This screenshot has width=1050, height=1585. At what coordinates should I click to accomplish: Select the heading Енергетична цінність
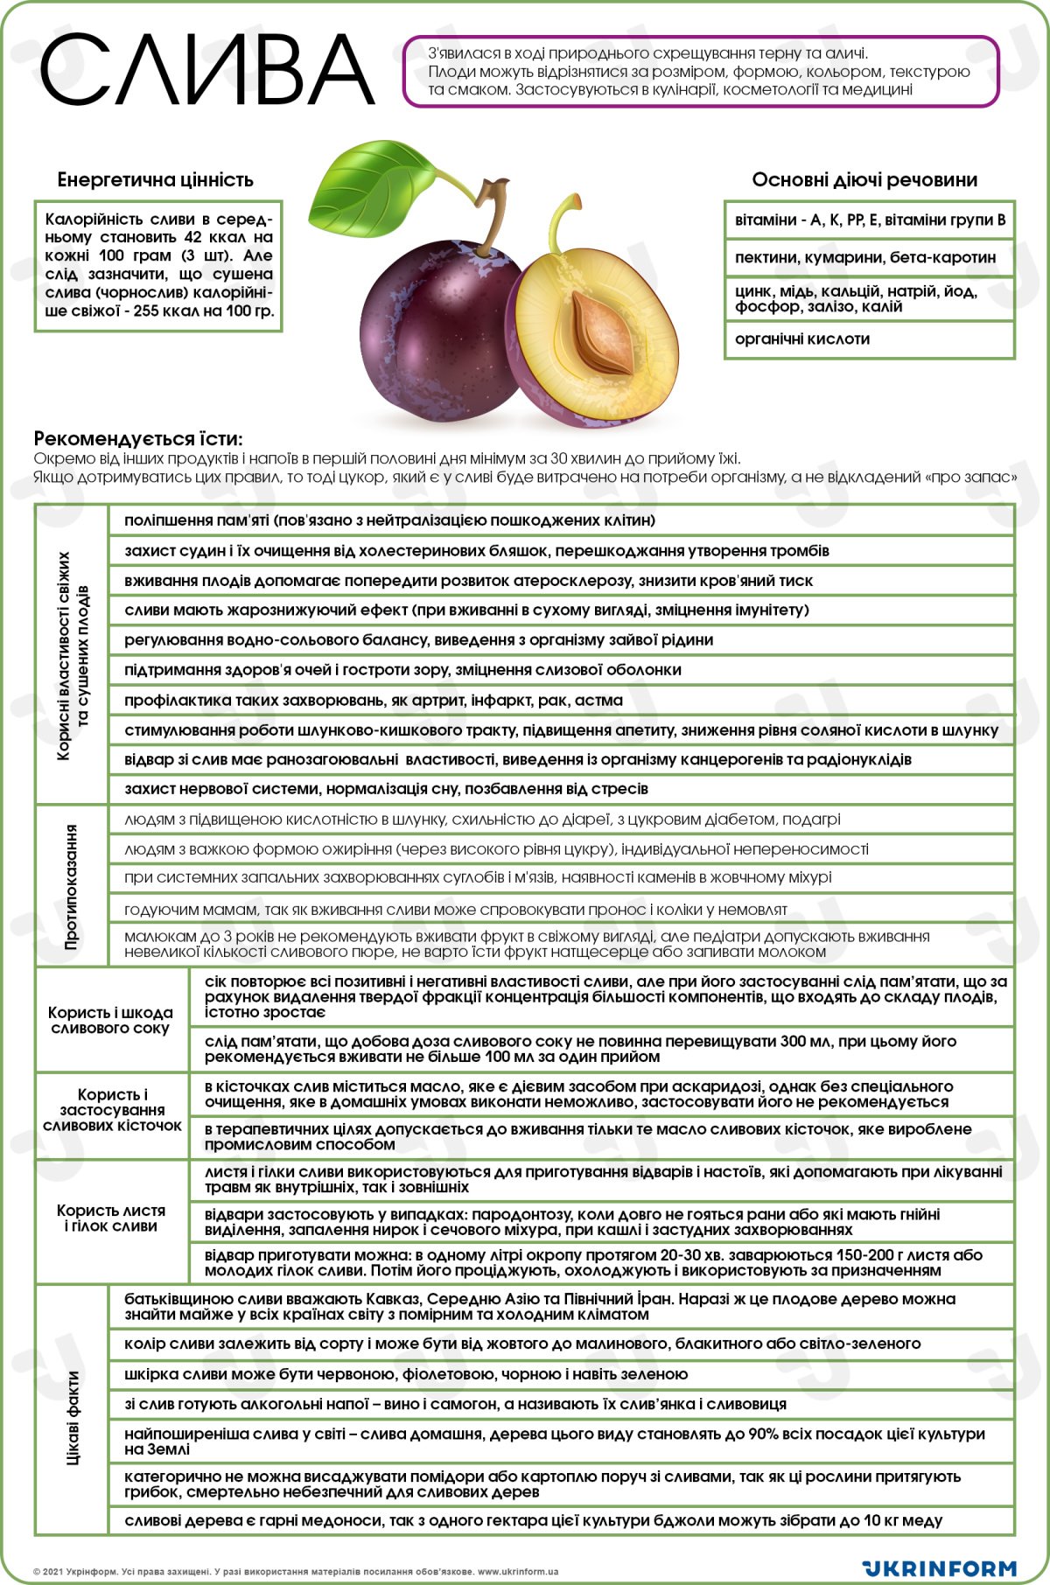(x=155, y=180)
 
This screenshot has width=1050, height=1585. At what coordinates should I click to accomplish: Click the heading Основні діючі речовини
(x=864, y=180)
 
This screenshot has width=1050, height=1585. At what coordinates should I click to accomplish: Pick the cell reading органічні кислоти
(x=802, y=339)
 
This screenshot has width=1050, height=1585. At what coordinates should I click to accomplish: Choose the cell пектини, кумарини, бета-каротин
(x=864, y=257)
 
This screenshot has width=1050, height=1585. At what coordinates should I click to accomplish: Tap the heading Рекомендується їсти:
(x=138, y=439)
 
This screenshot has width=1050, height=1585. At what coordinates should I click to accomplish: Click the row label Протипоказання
(x=72, y=886)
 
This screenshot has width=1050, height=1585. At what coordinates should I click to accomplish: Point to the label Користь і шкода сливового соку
(x=110, y=1021)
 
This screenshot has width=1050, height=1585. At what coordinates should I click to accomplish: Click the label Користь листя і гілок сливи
(x=111, y=1218)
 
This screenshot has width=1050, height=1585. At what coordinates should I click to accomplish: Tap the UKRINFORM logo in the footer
(x=938, y=1568)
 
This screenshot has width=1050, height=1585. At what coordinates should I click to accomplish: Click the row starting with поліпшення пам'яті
(x=389, y=521)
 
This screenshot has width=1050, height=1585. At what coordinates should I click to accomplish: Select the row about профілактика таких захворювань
(x=374, y=701)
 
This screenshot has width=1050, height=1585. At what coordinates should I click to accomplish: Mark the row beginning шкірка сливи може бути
(x=406, y=1374)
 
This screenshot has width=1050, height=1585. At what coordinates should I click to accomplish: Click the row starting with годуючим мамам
(x=455, y=910)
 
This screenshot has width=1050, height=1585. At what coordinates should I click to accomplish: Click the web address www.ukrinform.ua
(x=517, y=1572)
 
